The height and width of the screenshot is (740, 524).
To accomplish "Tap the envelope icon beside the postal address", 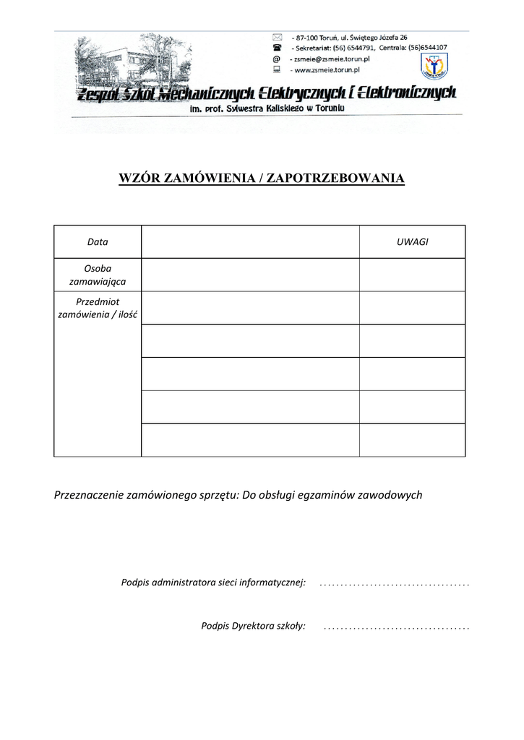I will click(x=275, y=37).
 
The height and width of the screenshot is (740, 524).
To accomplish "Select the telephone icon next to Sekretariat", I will click(x=275, y=48).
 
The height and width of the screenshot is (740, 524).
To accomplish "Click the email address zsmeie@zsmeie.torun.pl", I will click(x=329, y=59).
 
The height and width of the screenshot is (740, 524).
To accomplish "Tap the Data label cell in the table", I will click(x=98, y=242).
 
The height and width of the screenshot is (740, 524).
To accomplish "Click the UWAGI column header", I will click(x=412, y=242).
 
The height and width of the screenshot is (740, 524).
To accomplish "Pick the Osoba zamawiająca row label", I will click(x=98, y=275).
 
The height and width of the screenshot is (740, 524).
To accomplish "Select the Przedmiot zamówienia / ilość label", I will click(x=98, y=308).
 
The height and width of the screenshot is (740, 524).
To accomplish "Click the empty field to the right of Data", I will click(x=250, y=242).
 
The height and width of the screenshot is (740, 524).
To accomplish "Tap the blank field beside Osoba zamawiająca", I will click(x=250, y=275).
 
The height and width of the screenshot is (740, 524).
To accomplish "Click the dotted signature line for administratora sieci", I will click(x=394, y=582).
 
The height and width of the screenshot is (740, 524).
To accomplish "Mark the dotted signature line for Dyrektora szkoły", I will click(x=397, y=627).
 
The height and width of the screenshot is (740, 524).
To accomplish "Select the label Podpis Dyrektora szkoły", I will click(x=253, y=626).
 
